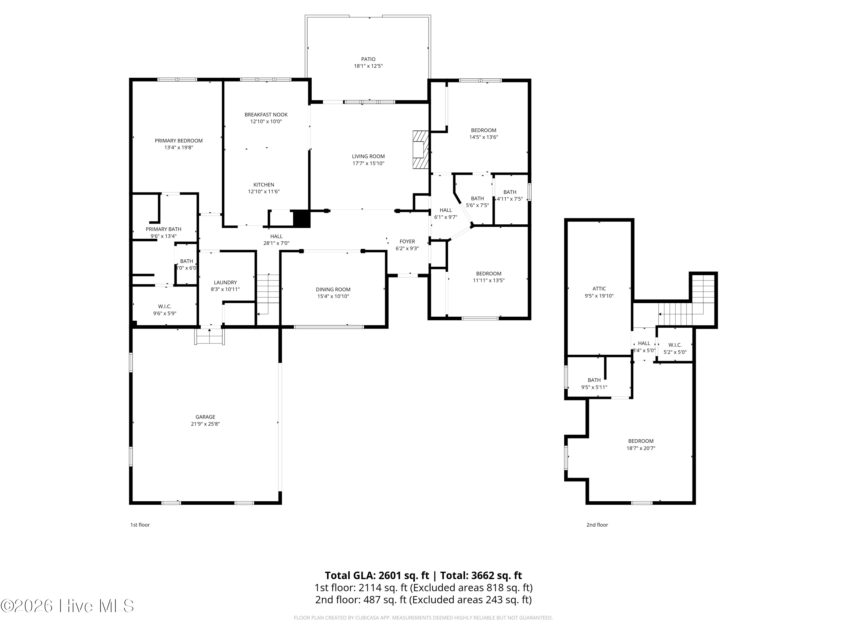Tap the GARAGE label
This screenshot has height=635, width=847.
pyautogui.click(x=205, y=417)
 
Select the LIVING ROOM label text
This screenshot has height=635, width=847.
pyautogui.click(x=368, y=156)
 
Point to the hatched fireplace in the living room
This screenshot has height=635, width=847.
pyautogui.click(x=420, y=150)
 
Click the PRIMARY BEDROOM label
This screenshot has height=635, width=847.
pyautogui.click(x=178, y=141)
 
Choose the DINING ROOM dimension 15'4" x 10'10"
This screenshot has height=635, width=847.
pyautogui.click(x=333, y=296)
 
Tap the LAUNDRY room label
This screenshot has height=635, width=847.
pyautogui.click(x=225, y=283)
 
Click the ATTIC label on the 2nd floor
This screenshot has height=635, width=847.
pyautogui.click(x=599, y=289)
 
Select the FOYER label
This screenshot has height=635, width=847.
pyautogui.click(x=407, y=242)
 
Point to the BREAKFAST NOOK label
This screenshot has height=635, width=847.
pyautogui.click(x=266, y=115)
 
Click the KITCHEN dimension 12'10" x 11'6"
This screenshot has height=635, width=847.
pyautogui.click(x=264, y=191)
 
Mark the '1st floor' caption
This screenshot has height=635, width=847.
pyautogui.click(x=140, y=525)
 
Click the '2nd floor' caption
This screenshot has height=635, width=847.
pyautogui.click(x=597, y=525)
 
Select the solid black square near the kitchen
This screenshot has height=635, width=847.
pyautogui.click(x=301, y=219)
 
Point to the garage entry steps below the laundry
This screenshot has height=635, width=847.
pyautogui.click(x=209, y=336)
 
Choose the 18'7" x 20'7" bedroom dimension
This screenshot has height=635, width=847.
pyautogui.click(x=641, y=448)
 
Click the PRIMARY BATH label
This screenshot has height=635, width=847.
pyautogui.click(x=163, y=229)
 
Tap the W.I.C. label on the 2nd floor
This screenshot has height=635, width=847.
pyautogui.click(x=675, y=345)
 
